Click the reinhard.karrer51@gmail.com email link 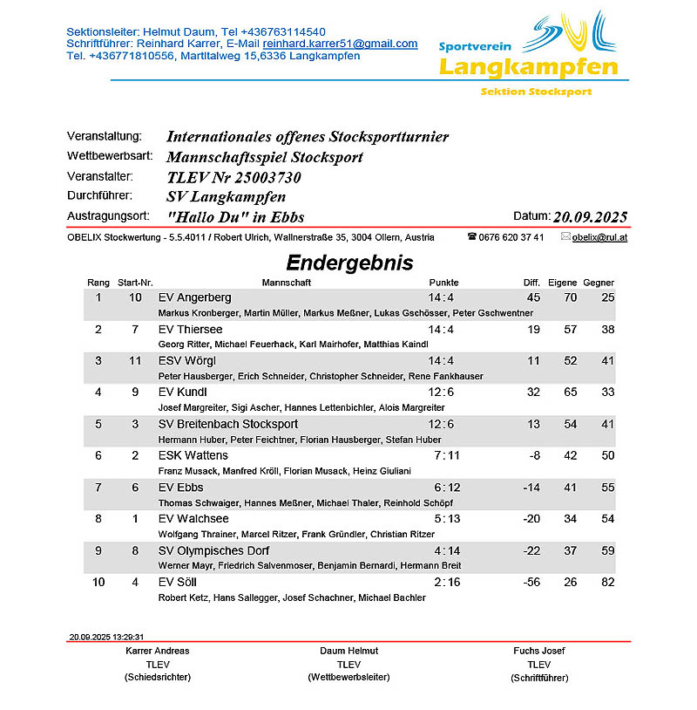340,44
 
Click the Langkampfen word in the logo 529,67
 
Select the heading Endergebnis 349,263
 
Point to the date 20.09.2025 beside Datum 590,217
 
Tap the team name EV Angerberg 195,297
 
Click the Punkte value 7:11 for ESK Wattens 442,455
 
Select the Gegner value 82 607,582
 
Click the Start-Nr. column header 135,283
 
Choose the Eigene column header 563,283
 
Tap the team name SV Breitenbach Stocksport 228,424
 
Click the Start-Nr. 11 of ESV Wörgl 135,360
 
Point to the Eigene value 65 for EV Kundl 571,392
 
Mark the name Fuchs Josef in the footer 539,651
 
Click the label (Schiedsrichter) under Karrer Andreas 158,677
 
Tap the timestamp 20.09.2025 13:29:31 106,637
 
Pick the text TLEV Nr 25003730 233,177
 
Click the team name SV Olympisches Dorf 213,550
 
